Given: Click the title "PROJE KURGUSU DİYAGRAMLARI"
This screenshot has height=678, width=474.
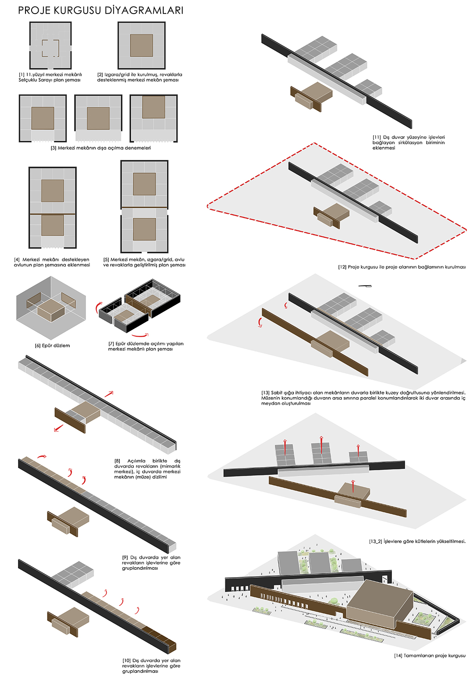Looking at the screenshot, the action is [x=101, y=10].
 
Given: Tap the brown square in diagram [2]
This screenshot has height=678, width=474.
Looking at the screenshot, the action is [x=141, y=46].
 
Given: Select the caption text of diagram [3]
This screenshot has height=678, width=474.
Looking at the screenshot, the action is [x=101, y=148].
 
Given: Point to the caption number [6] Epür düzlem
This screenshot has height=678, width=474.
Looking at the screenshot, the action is [x=38, y=345].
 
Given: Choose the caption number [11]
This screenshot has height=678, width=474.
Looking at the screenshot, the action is [x=377, y=137].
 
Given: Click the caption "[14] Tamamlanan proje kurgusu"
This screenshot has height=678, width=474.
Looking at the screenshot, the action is [x=429, y=656].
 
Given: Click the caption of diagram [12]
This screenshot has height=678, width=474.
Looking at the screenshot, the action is [x=402, y=267].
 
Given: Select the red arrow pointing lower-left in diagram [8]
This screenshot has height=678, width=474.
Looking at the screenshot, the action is [x=59, y=428].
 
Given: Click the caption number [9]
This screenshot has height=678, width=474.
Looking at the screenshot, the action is [x=125, y=557].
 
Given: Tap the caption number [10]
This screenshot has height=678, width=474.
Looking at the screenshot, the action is [x=126, y=660].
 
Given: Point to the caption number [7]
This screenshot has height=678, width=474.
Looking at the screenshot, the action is [x=111, y=344].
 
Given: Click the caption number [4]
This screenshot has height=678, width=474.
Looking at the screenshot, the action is [x=17, y=259].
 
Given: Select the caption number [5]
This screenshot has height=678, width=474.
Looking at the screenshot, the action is [x=106, y=259].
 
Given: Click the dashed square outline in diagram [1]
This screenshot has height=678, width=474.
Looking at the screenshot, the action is [x=50, y=48].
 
